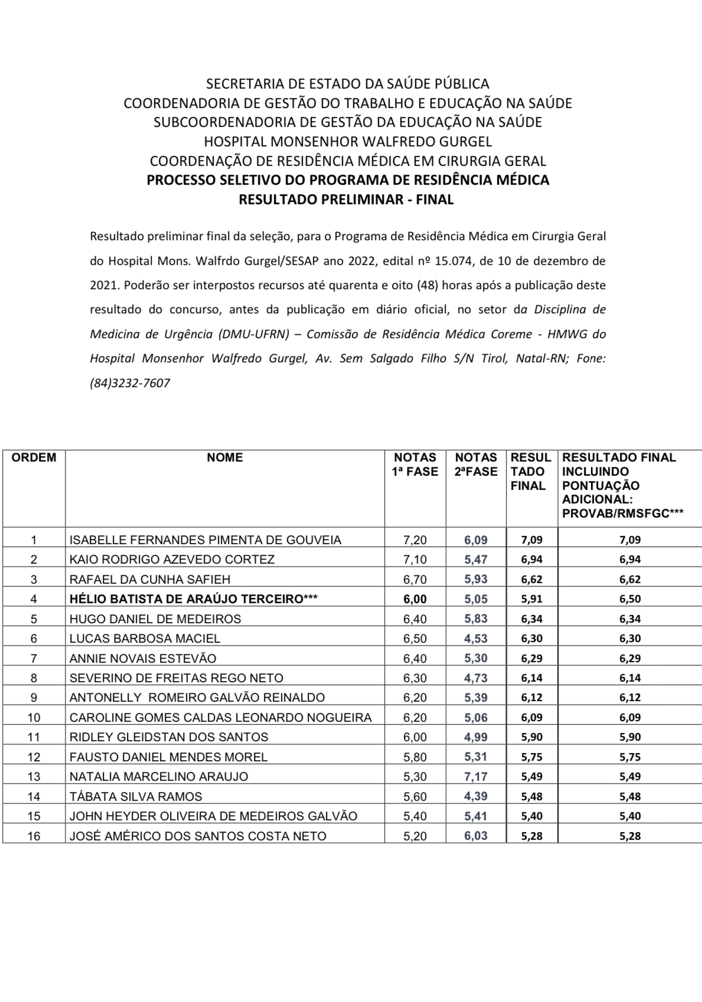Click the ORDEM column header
(x=34, y=457)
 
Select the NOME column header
(x=225, y=457)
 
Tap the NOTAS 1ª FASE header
(x=415, y=464)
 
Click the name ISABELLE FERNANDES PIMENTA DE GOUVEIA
(x=205, y=539)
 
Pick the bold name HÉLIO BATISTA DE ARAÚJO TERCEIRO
(x=194, y=599)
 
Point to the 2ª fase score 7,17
(x=476, y=777)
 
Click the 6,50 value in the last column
(x=630, y=599)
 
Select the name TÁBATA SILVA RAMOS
(x=136, y=797)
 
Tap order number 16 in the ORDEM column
(x=34, y=836)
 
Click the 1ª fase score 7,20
(x=415, y=539)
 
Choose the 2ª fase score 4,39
(x=476, y=797)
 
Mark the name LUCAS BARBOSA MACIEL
(x=145, y=638)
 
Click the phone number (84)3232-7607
(x=130, y=383)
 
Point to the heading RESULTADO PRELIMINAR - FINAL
(x=346, y=199)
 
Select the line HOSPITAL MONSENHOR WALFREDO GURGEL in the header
(x=348, y=142)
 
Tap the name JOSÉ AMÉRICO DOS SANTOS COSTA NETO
(x=198, y=836)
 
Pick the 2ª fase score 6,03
(x=476, y=836)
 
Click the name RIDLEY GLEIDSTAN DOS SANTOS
(x=169, y=737)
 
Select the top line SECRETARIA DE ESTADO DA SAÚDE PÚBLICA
(x=348, y=84)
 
